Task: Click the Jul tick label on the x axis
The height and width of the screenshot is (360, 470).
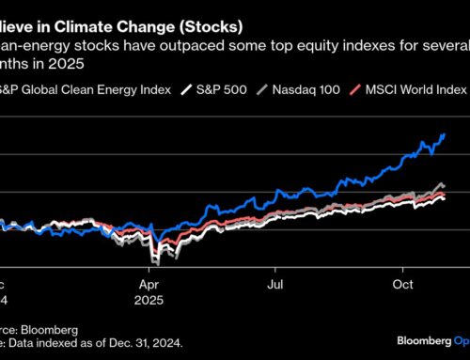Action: coord(275,280)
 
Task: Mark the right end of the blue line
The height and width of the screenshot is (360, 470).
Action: coord(445,135)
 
